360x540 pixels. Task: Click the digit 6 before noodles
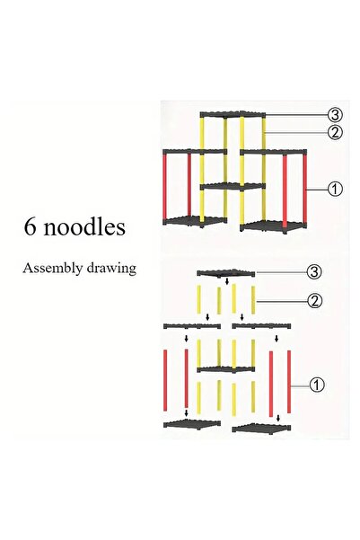click(x=30, y=227)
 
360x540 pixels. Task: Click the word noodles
click(x=84, y=227)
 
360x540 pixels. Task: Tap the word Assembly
click(x=53, y=269)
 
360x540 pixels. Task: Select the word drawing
click(x=111, y=269)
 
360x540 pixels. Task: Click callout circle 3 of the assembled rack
click(x=335, y=115)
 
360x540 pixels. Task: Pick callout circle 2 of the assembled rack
click(x=335, y=132)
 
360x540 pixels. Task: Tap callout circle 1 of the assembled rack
click(x=335, y=189)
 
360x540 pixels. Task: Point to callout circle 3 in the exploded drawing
click(x=314, y=271)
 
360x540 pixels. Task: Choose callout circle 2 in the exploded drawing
click(x=314, y=301)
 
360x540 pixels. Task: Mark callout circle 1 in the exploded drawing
click(x=317, y=385)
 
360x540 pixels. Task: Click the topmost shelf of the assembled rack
click(x=233, y=114)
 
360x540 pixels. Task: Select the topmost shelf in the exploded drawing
click(x=226, y=273)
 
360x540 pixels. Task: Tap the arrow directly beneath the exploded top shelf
click(x=227, y=282)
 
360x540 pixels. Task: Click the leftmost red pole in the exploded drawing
click(x=165, y=380)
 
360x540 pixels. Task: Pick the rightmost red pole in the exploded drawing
click(x=289, y=382)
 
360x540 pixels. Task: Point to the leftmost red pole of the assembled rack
click(x=165, y=186)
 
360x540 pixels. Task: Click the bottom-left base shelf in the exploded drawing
click(x=192, y=423)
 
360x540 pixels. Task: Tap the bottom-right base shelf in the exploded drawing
click(x=261, y=428)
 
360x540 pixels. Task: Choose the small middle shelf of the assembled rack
click(x=233, y=186)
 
